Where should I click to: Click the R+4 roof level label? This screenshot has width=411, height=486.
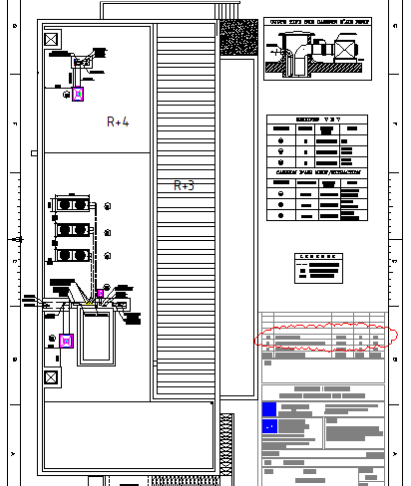tap(118, 122)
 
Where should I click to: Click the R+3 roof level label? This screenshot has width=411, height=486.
tap(184, 185)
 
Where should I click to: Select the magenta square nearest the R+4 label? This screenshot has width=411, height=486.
tap(79, 95)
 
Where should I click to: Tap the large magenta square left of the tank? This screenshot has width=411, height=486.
tap(67, 341)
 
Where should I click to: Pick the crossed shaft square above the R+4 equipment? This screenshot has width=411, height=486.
tap(52, 40)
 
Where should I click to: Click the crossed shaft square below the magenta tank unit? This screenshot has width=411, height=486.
tap(52, 378)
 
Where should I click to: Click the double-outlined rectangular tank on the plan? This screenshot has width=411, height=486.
tap(98, 338)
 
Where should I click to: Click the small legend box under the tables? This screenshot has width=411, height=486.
tap(319, 264)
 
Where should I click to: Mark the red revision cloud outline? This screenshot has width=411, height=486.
tap(325, 338)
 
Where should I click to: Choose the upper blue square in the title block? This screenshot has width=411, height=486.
tap(269, 409)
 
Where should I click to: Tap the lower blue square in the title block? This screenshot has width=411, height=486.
tap(269, 427)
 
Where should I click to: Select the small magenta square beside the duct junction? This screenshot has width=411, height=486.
tap(100, 295)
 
